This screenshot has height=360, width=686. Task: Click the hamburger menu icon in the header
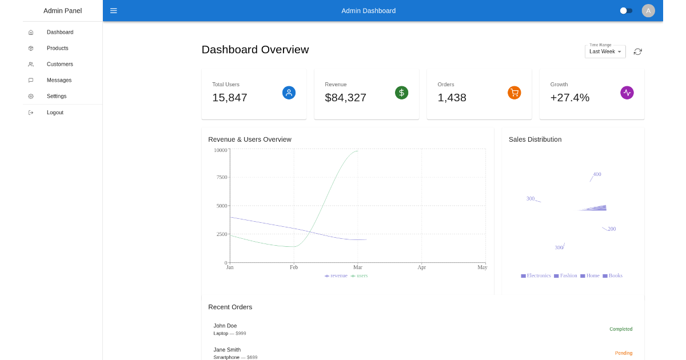point(114,11)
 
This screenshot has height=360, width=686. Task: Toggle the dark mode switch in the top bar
point(626,11)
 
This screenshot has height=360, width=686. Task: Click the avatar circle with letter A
point(648,11)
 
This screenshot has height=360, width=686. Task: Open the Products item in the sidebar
point(57,48)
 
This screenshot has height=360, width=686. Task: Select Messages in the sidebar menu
point(59,80)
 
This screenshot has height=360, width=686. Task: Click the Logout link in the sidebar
point(55,113)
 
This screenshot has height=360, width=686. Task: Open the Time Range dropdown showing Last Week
point(605,51)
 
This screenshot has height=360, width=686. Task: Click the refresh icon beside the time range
point(637,51)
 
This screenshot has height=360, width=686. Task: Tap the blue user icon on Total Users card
point(289,93)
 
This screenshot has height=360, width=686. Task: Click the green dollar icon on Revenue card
point(401,93)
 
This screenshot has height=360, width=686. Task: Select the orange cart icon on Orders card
point(514,93)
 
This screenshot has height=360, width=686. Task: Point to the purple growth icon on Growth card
point(627,93)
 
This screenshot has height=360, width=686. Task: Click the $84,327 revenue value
point(345,98)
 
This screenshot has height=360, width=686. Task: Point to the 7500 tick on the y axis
point(222,177)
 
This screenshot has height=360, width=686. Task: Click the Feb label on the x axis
point(294,267)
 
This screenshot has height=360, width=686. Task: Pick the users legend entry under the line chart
point(360,276)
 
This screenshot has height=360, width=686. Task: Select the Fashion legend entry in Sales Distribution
point(565,276)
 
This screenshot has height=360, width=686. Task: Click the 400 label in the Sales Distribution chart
point(597,174)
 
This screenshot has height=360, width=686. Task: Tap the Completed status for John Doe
point(620,329)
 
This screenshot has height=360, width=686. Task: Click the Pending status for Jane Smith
point(623,353)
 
